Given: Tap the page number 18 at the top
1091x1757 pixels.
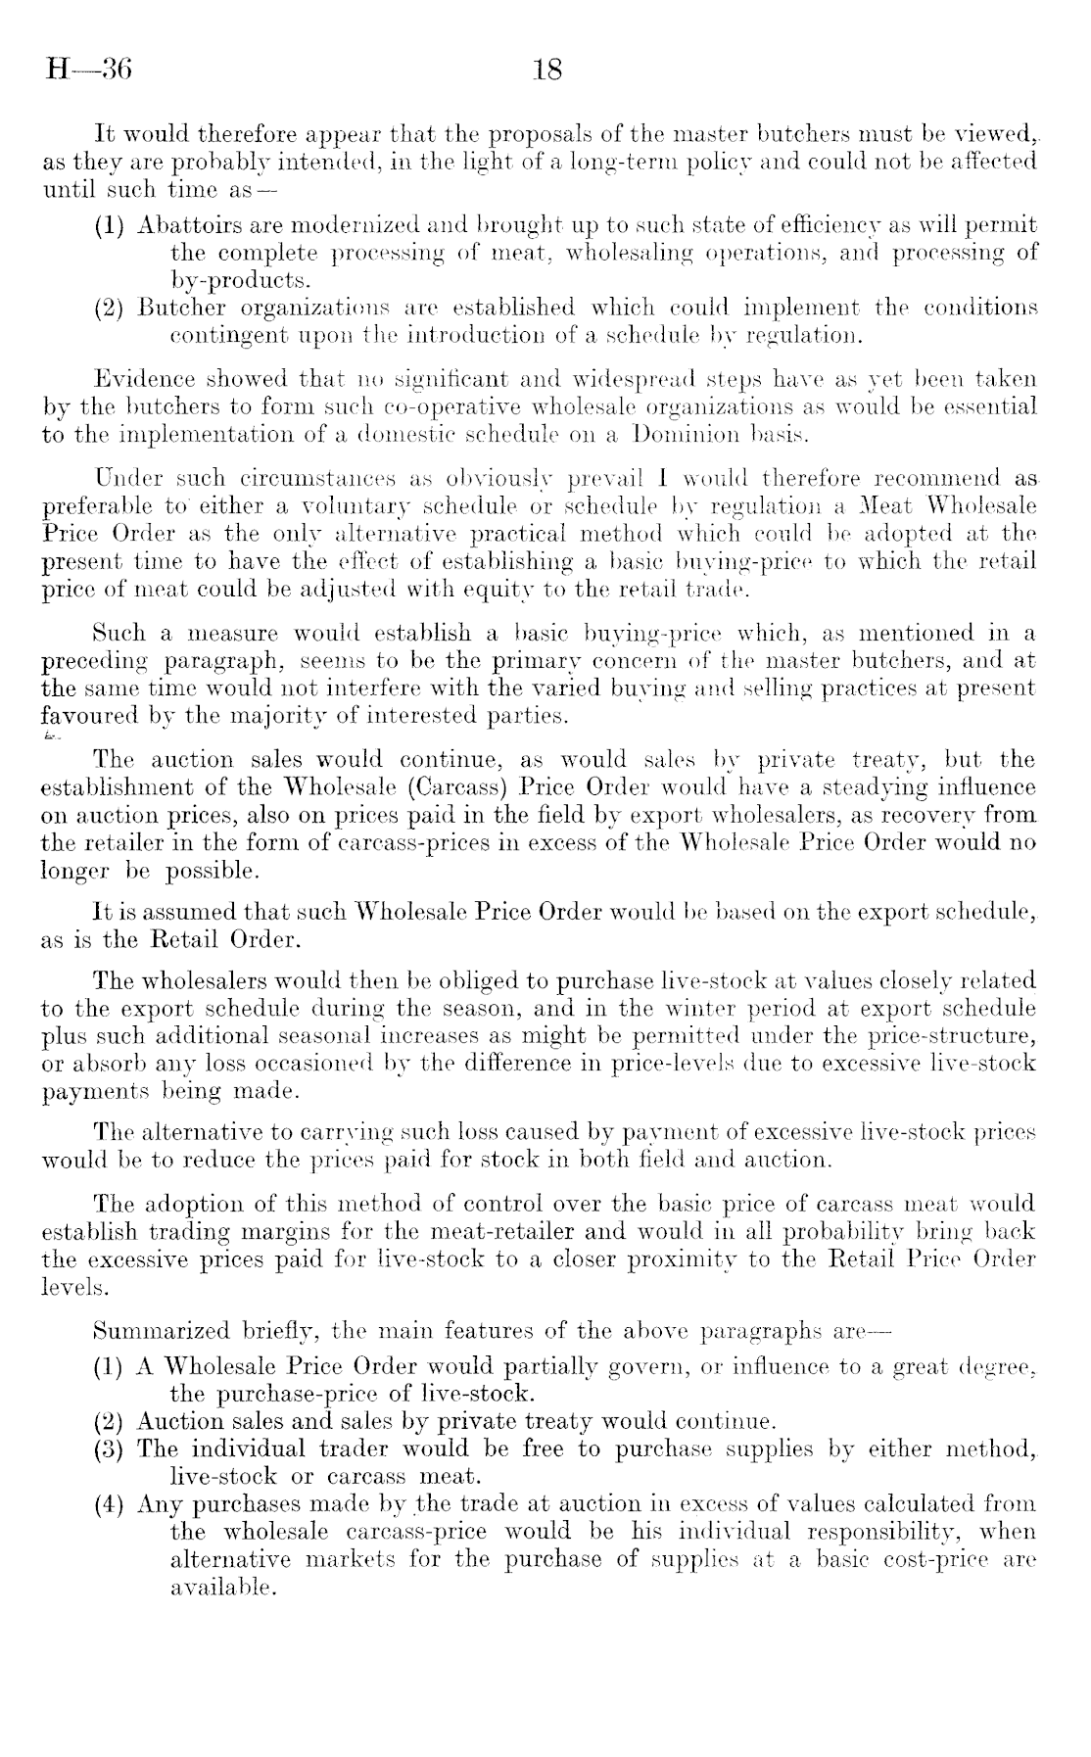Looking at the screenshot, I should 545,71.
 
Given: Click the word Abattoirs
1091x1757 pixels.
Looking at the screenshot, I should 183,225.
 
